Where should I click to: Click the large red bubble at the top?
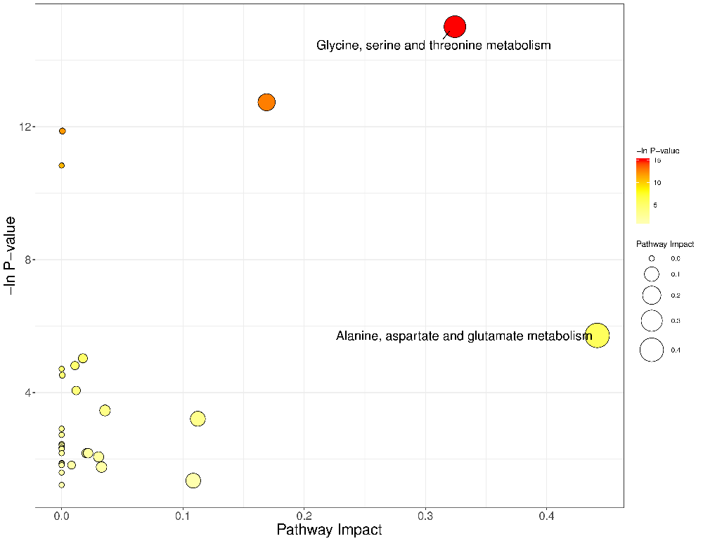point(455,27)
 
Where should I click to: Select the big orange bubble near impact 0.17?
point(266,102)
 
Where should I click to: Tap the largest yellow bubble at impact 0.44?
point(598,336)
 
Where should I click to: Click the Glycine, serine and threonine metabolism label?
point(433,46)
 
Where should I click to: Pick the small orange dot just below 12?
point(63,131)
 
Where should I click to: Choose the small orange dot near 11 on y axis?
point(62,165)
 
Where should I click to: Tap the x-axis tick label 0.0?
point(62,516)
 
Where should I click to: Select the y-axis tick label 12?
point(27,127)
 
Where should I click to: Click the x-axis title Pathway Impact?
point(329,530)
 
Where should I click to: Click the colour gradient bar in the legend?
point(643,190)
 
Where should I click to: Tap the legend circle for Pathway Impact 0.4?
point(652,350)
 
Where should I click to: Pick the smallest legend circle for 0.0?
point(652,259)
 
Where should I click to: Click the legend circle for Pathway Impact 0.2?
point(652,295)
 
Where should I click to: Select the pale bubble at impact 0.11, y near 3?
point(198,419)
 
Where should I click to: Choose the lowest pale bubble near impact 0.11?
point(193,480)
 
